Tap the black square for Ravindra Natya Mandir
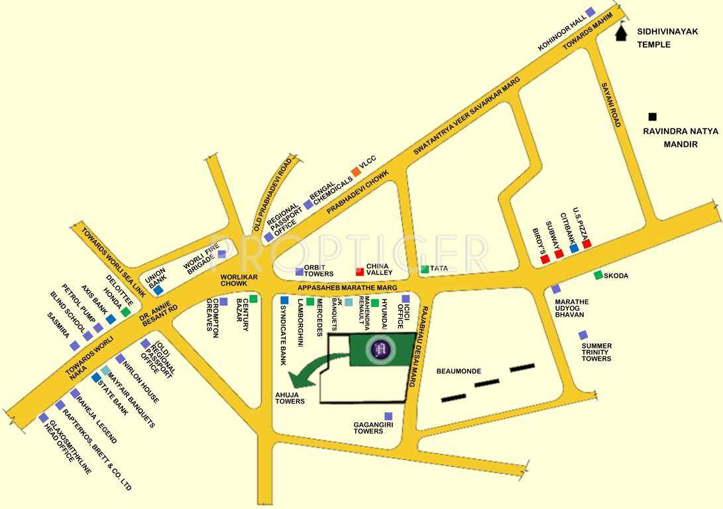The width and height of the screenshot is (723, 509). coord(653,116)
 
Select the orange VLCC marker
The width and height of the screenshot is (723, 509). coord(356,172)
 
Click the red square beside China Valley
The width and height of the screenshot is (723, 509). coord(360,270)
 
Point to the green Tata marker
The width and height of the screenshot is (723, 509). coord(424,269)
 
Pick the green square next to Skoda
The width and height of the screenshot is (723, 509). coord(598,275)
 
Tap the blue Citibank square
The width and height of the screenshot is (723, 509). coord(574,248)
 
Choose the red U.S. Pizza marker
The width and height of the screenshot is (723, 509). coord(586,243)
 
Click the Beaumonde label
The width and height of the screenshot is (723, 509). coord(459,371)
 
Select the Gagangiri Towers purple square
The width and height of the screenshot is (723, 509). coord(388,416)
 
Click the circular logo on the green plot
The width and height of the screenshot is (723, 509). coord(380,348)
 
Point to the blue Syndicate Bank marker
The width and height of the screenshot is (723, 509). coord(284,300)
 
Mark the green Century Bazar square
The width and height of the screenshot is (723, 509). coord(253,299)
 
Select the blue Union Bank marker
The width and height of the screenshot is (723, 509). coord(158,290)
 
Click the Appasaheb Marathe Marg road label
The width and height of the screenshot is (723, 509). coord(347,288)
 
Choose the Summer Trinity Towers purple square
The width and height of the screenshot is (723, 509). coord(583,335)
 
